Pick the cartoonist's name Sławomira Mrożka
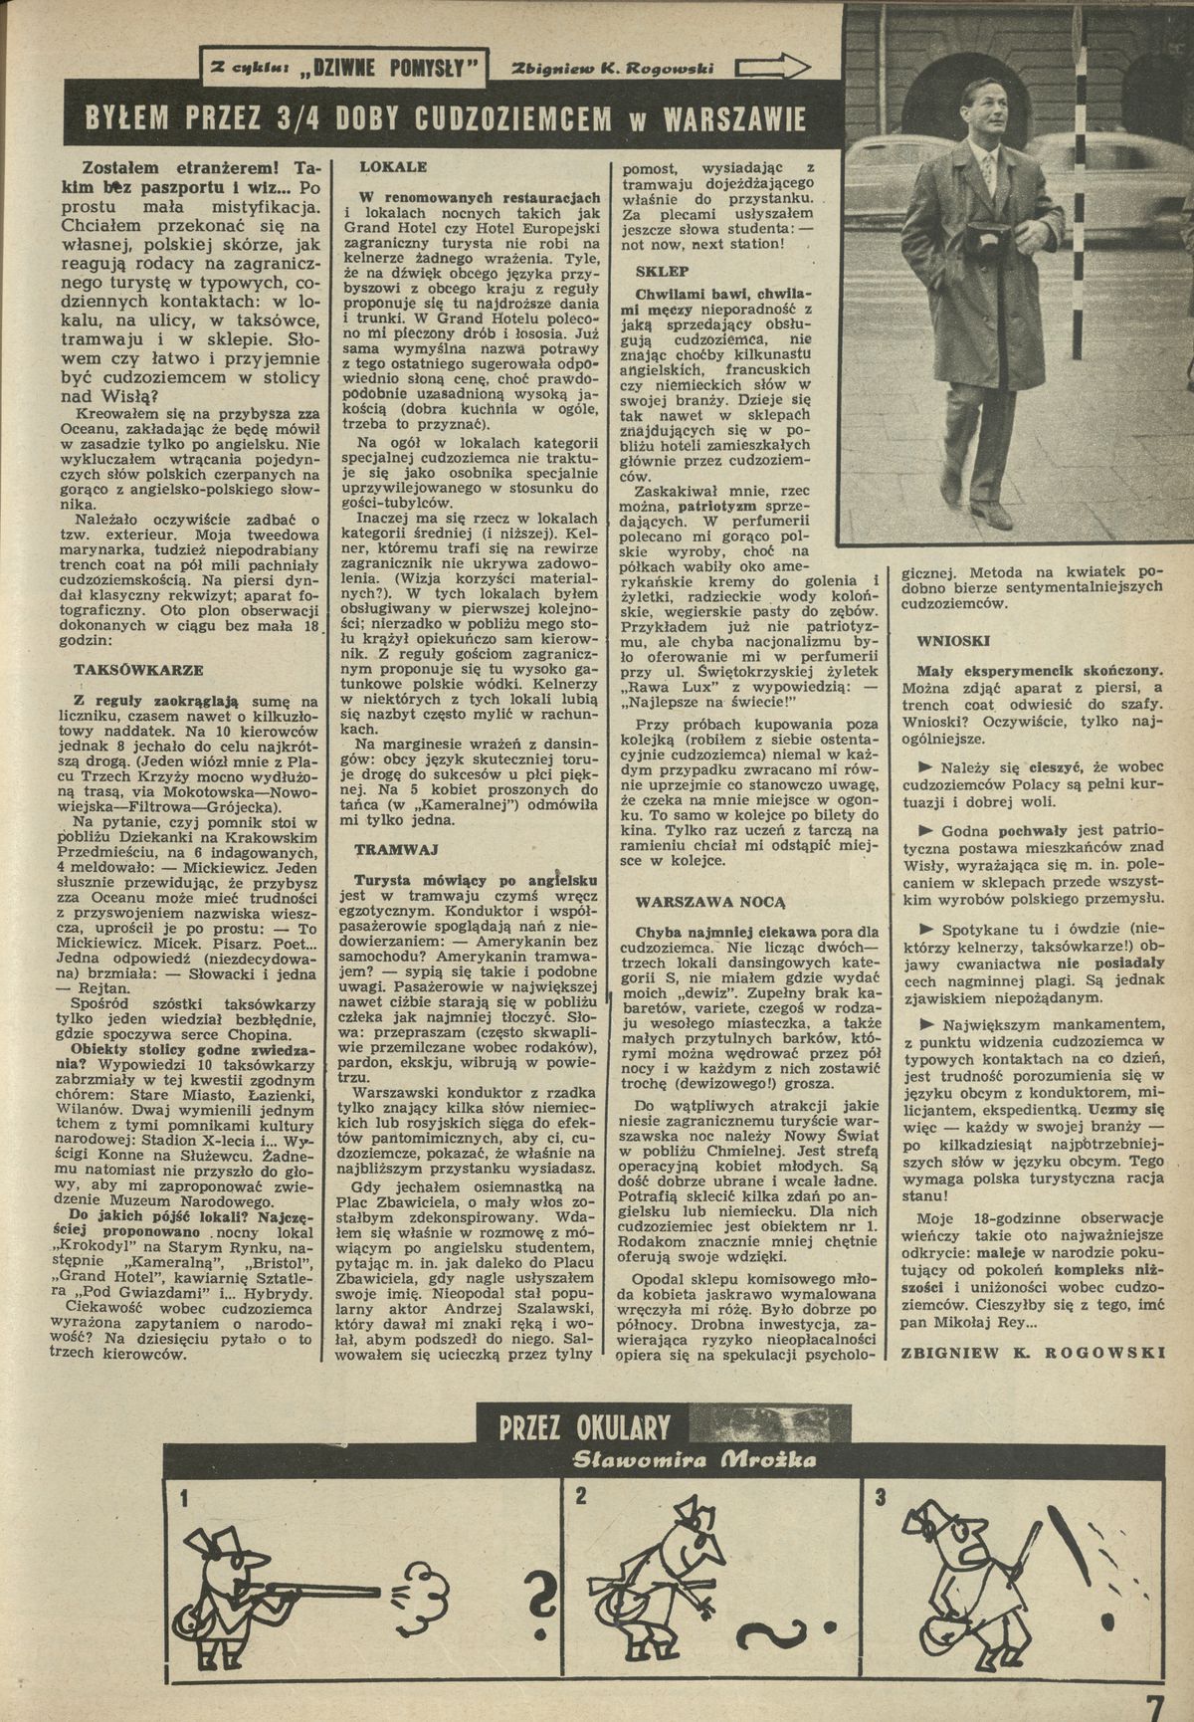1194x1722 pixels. pyautogui.click(x=696, y=1459)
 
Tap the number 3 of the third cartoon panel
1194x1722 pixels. pyautogui.click(x=881, y=1497)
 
